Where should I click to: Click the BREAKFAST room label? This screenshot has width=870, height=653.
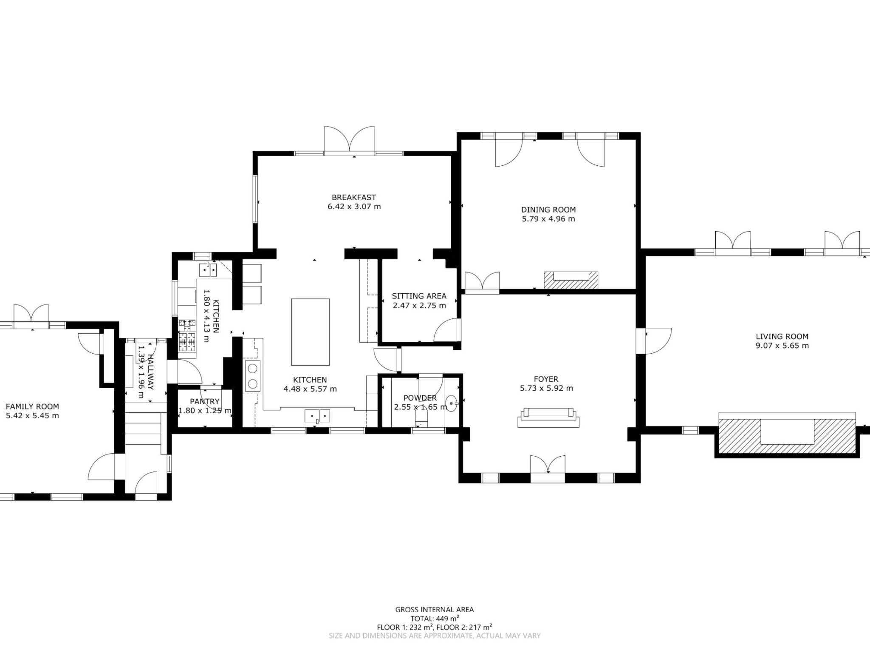coord(353,198)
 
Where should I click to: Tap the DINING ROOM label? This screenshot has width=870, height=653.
coord(548,210)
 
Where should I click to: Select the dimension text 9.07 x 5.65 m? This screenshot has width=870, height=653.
coord(782,346)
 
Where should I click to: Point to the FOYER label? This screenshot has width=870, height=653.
coord(546,379)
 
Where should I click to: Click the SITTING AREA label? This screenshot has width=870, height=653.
coord(419,296)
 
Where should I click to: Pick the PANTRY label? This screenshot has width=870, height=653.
coord(205,401)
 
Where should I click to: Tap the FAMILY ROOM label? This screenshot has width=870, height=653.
coord(32,407)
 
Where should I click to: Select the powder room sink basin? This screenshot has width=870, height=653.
coord(452,402)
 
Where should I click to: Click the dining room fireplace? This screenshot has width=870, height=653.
coord(571,280)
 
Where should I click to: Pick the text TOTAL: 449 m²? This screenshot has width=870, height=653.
coord(435,619)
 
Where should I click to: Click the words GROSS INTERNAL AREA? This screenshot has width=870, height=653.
coord(435,609)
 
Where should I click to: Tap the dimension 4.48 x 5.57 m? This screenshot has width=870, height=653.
coord(310,389)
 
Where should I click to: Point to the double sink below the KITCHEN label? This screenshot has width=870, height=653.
coord(317,415)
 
